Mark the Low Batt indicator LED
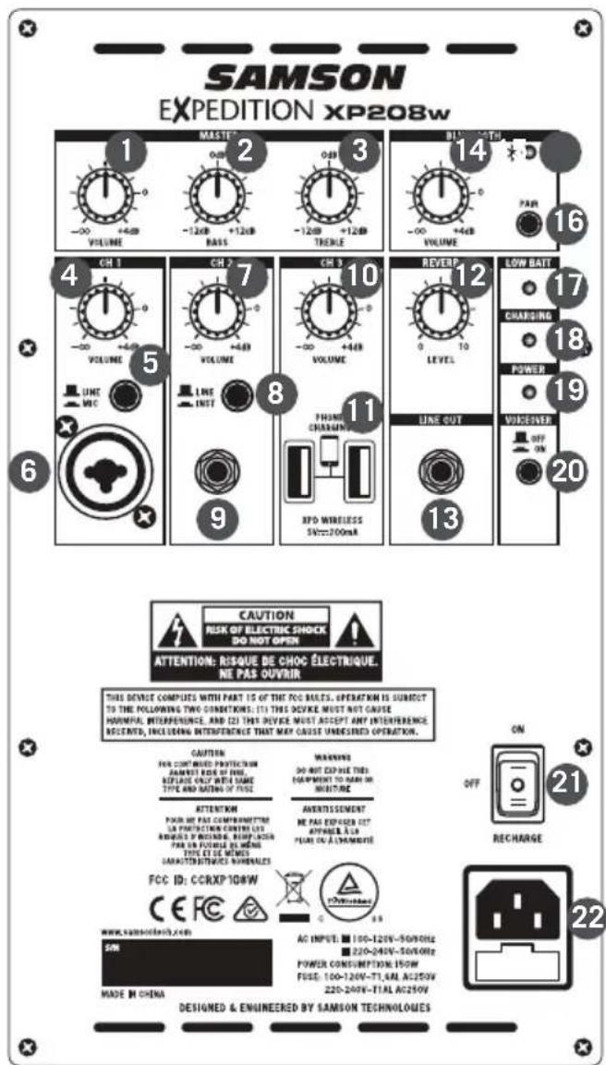(527, 286)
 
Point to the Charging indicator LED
(527, 339)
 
